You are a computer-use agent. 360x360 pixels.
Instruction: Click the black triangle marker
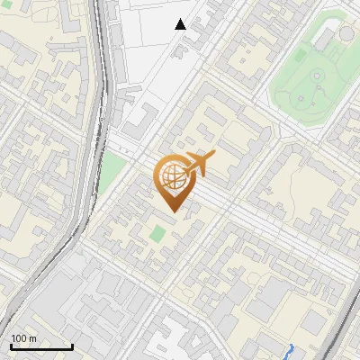(x=181, y=24)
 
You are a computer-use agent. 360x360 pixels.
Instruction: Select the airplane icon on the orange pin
(x=199, y=164)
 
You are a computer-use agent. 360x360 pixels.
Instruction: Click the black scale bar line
(x=41, y=347)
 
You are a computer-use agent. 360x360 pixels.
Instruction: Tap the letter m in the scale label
(x=33, y=338)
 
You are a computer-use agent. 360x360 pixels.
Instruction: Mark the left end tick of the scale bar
(x=11, y=346)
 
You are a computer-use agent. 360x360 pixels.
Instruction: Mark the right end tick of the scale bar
(x=72, y=346)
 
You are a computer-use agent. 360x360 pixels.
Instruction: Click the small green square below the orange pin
(x=157, y=234)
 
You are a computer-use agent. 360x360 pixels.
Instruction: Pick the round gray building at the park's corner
(x=346, y=34)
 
